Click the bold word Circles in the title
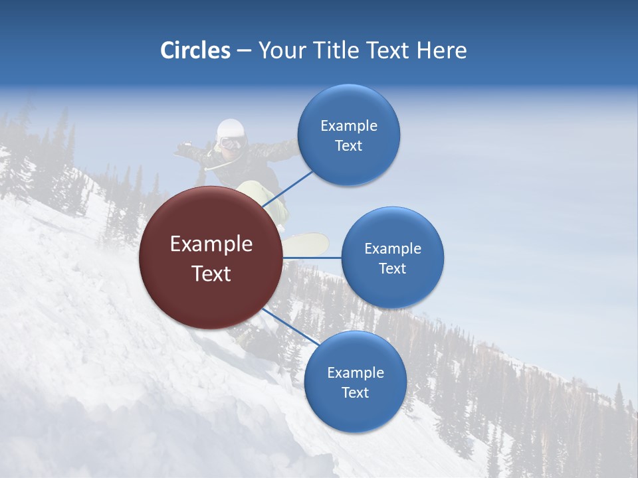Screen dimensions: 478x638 (195, 50)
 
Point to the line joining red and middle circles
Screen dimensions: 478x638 (312, 258)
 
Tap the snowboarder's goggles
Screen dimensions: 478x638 (231, 143)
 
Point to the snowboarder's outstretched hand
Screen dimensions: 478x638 (181, 147)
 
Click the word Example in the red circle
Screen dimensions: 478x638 (211, 244)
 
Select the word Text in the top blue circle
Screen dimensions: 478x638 (348, 146)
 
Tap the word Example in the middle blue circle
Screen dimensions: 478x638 (392, 248)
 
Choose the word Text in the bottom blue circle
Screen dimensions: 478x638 (355, 392)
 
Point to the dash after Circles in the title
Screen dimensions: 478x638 (244, 51)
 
